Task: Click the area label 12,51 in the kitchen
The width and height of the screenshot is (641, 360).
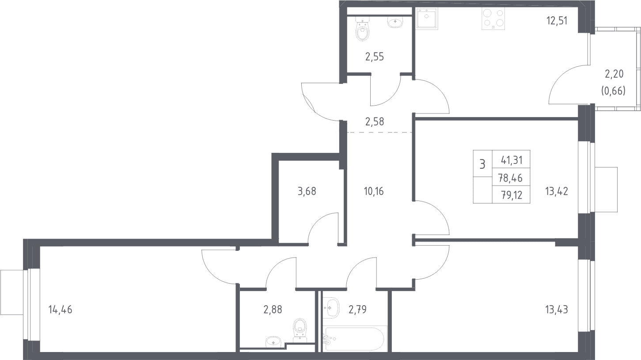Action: coord(557,21)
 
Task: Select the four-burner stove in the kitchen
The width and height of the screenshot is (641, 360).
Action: coord(493,18)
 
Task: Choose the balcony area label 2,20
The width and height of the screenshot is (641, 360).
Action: coord(614,74)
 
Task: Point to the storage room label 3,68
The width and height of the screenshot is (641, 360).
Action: coord(307,191)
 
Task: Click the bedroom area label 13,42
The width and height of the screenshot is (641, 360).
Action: coord(557,191)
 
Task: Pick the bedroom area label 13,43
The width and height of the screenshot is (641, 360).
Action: coord(557,309)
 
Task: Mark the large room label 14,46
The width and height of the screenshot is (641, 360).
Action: coord(61,309)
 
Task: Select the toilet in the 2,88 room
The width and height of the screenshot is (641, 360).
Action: coord(300,330)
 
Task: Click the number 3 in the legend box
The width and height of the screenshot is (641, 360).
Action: coord(482,164)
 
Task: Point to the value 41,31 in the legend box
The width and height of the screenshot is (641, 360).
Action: coord(512,160)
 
